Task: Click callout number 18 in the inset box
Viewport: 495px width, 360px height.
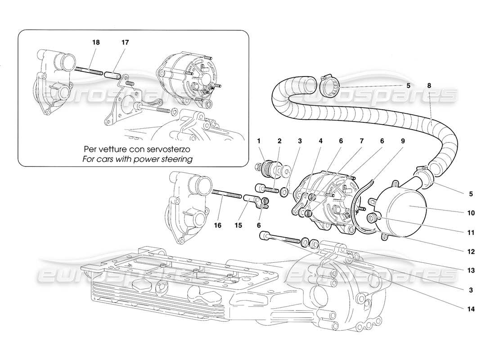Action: click(x=96, y=42)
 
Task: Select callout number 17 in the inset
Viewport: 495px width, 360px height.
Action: click(x=125, y=42)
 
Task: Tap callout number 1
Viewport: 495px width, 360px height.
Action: click(x=259, y=141)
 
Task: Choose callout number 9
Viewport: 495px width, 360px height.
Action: click(x=403, y=141)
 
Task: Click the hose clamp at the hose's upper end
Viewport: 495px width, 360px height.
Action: click(x=332, y=84)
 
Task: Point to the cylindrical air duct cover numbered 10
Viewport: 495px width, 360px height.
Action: click(x=403, y=211)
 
